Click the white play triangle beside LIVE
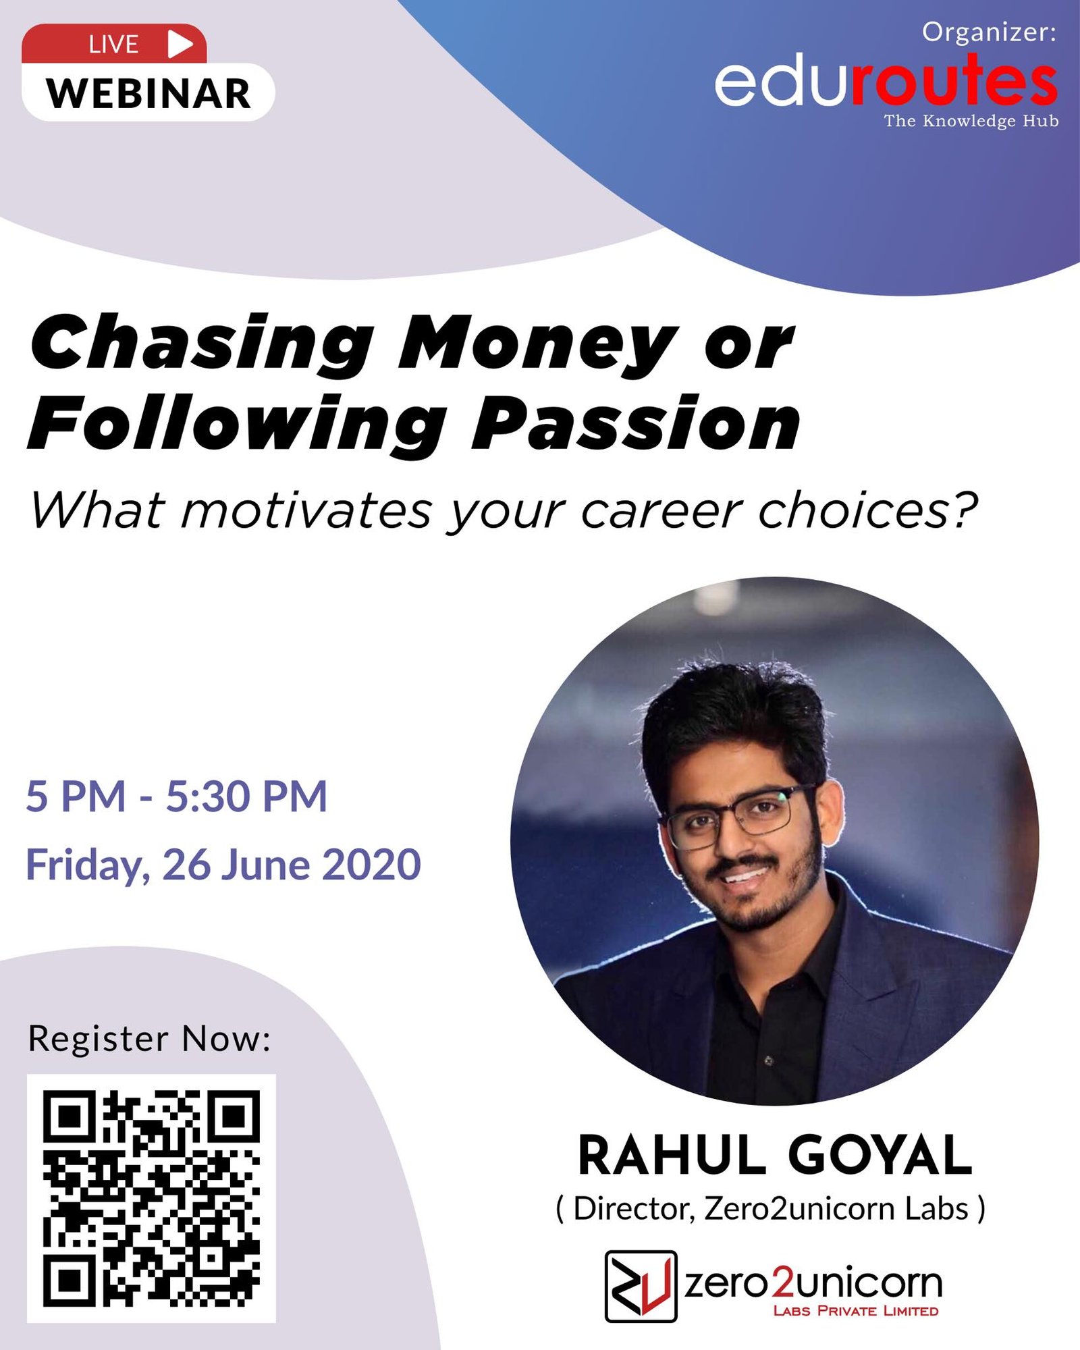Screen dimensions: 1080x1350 [x=179, y=44]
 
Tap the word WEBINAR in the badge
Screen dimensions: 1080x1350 [x=148, y=93]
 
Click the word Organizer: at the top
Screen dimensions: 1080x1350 [x=989, y=32]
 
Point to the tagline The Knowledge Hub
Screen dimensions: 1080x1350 [x=971, y=121]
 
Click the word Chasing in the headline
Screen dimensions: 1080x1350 [x=201, y=344]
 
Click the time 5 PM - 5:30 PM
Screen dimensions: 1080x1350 [x=177, y=796]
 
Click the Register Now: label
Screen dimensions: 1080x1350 [x=149, y=1038]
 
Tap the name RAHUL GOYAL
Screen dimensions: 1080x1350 [x=775, y=1156]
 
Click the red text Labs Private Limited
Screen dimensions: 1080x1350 [x=856, y=1311]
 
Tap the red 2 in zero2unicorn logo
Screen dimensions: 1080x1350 [x=784, y=1282]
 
